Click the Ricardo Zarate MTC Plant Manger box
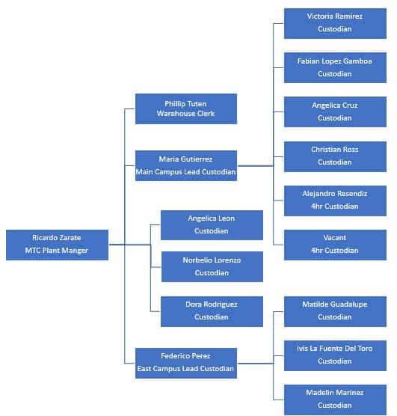tap(57, 245)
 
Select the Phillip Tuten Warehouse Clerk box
tap(185, 108)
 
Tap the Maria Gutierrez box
tap(185, 165)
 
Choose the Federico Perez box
tap(185, 363)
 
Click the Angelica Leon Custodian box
tap(212, 224)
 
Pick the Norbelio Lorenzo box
tap(212, 267)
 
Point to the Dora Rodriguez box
tap(212, 311)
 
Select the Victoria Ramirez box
tap(335, 22)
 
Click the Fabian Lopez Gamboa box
tap(335, 67)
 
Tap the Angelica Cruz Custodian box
tap(335, 111)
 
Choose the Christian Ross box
tap(335, 156)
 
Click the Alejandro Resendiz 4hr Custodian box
tap(335, 200)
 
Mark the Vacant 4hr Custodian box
tap(335, 245)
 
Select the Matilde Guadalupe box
tap(335, 311)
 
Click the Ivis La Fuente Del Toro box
tap(335, 355)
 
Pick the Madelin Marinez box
tap(335, 399)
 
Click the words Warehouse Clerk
tap(185, 114)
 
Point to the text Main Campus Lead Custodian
tap(185, 172)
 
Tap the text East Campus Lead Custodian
tap(185, 369)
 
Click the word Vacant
tap(335, 238)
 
